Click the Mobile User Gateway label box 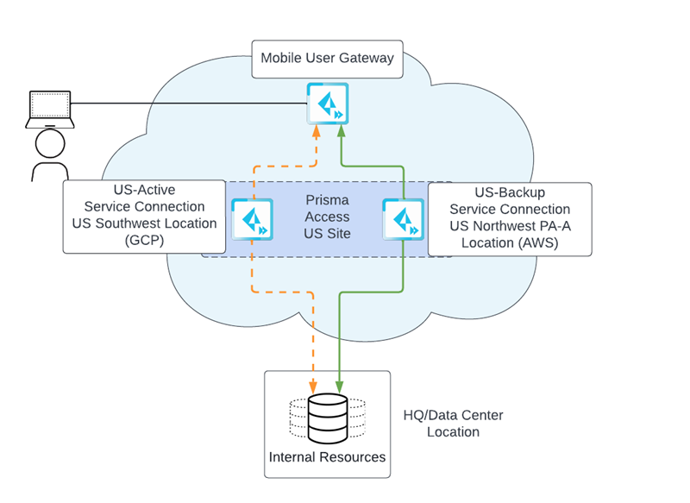coord(327,59)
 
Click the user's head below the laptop coord(49,143)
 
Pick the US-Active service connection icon coord(253,219)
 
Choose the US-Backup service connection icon coord(403,219)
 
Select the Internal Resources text coord(327,456)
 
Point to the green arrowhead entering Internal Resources coord(340,384)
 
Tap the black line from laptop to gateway coord(190,104)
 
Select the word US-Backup coord(510,192)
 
